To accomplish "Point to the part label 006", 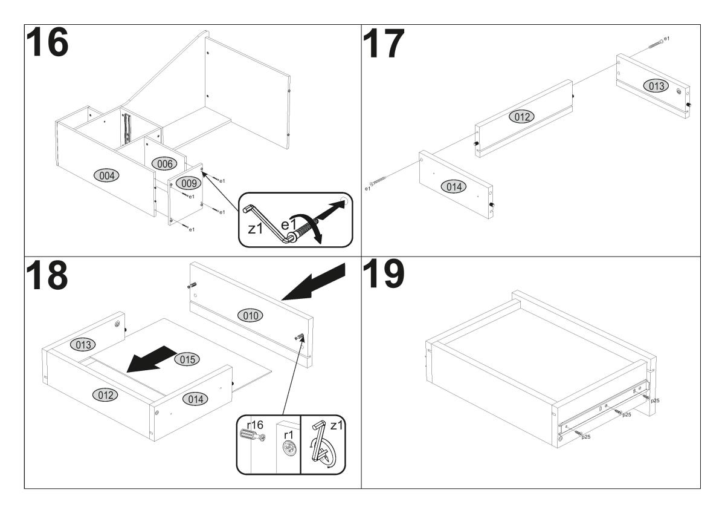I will [163, 163].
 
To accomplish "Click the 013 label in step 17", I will [655, 85].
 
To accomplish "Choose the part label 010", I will [250, 315].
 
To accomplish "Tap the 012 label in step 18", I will [103, 394].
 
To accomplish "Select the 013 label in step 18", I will [82, 345].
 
